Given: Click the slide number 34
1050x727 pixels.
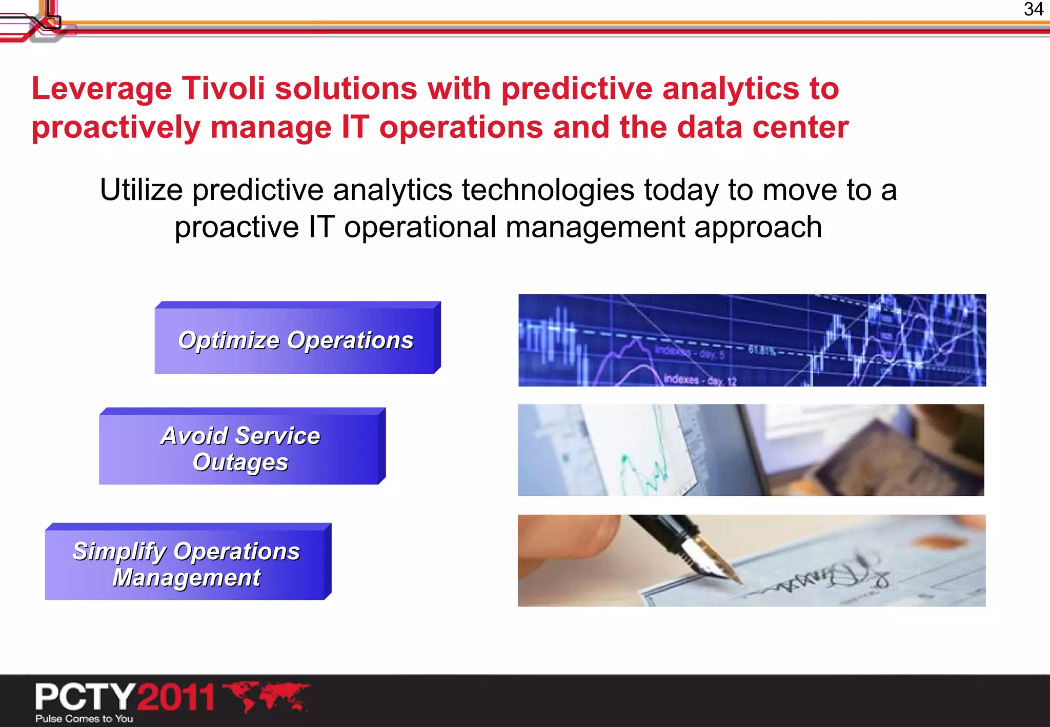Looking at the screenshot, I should point(1033,9).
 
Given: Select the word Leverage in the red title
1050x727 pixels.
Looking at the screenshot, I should point(102,89).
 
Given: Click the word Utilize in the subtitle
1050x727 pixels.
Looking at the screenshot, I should point(141,190).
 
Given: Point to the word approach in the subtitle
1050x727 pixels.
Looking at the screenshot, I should point(758,227).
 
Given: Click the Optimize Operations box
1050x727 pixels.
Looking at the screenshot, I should point(296,340).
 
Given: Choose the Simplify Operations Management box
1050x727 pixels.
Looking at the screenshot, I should point(187,564).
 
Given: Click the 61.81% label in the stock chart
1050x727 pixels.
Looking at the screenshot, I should point(762,351).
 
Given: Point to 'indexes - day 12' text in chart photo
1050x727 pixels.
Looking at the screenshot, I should point(699,380).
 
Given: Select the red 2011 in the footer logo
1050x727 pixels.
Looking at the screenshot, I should point(176,697).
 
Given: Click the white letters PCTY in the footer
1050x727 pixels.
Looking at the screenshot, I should point(85,697).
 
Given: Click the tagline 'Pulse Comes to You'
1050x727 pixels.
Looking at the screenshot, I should point(84,718).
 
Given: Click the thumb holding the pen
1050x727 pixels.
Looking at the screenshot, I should point(574,538).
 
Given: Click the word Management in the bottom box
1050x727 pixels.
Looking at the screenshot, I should point(187,578).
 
